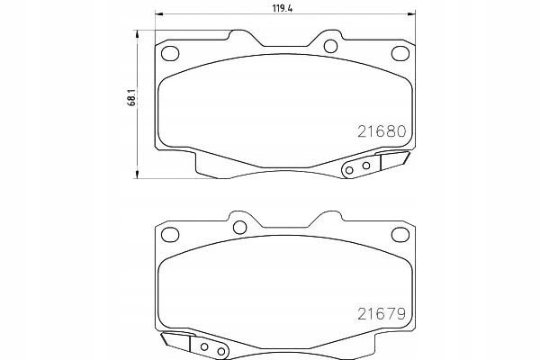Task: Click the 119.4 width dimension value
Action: click(283, 9)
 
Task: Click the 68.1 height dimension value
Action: click(131, 98)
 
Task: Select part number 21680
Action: click(382, 131)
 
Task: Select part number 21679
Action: click(382, 313)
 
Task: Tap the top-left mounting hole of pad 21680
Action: click(170, 53)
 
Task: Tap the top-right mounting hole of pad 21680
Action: click(400, 53)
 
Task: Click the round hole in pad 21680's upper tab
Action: click(330, 46)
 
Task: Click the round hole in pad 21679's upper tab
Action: click(239, 228)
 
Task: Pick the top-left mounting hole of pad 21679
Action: click(170, 235)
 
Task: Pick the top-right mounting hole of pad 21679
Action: click(400, 235)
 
